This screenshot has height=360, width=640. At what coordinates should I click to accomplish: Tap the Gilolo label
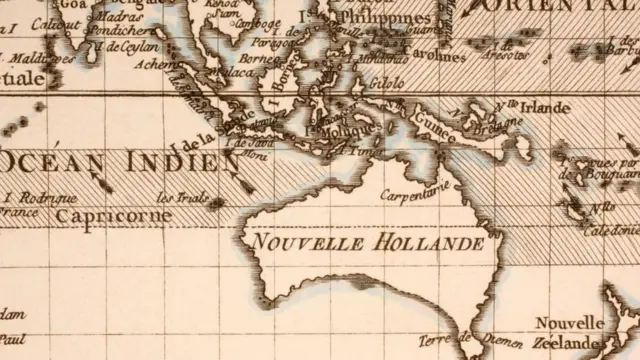[x=387, y=83]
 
